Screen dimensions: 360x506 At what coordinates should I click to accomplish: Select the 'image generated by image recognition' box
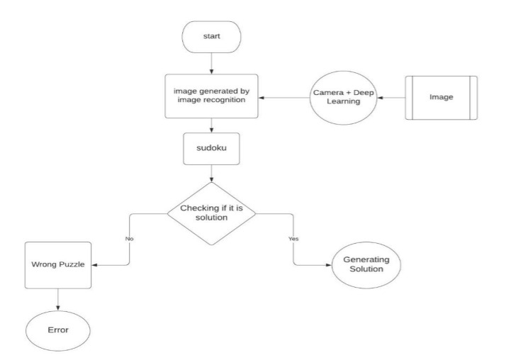click(212, 97)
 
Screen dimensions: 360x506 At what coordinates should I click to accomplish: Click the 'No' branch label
click(130, 238)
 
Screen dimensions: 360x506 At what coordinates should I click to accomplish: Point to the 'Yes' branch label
click(293, 238)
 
